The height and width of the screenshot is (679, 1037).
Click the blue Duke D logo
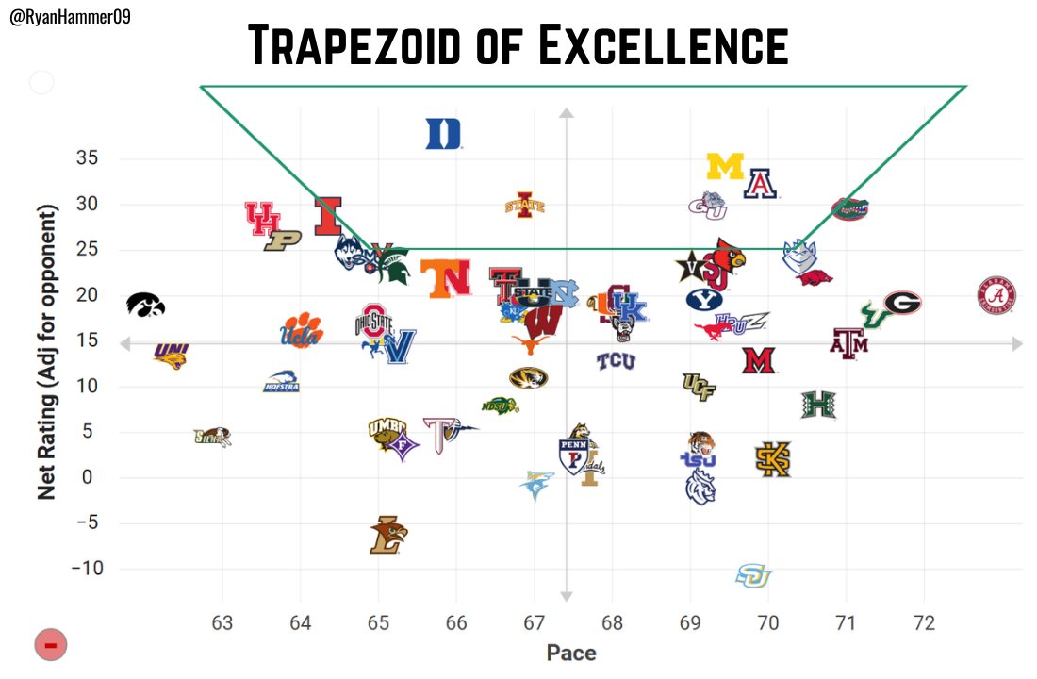[443, 134]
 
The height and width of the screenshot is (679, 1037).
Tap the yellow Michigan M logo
[725, 167]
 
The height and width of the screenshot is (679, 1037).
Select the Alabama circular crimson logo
[996, 296]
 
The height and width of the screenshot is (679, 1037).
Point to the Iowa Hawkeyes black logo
[146, 304]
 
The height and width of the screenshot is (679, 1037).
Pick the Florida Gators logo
[849, 208]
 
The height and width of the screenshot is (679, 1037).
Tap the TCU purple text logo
[616, 360]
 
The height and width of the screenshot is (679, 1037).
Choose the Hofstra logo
[281, 382]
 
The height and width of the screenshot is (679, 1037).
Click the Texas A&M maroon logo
[848, 343]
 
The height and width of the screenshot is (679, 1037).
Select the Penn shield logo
[573, 455]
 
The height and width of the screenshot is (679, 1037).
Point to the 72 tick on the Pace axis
[924, 622]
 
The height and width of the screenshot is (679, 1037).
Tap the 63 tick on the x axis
[222, 622]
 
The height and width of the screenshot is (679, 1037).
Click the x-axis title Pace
[571, 653]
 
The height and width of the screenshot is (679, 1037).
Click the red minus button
[51, 645]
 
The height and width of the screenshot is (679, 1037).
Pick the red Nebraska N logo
[445, 278]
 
